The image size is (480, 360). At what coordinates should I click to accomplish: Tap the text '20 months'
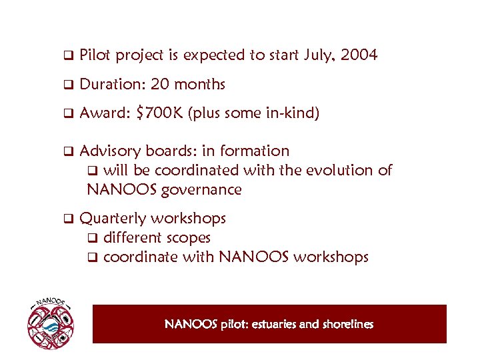point(188,85)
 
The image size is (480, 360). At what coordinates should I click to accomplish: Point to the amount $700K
point(159,113)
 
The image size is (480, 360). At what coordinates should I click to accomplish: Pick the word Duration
point(111,85)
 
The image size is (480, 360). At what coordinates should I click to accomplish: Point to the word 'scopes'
point(189,237)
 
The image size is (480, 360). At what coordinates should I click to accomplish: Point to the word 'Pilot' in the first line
point(95,55)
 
